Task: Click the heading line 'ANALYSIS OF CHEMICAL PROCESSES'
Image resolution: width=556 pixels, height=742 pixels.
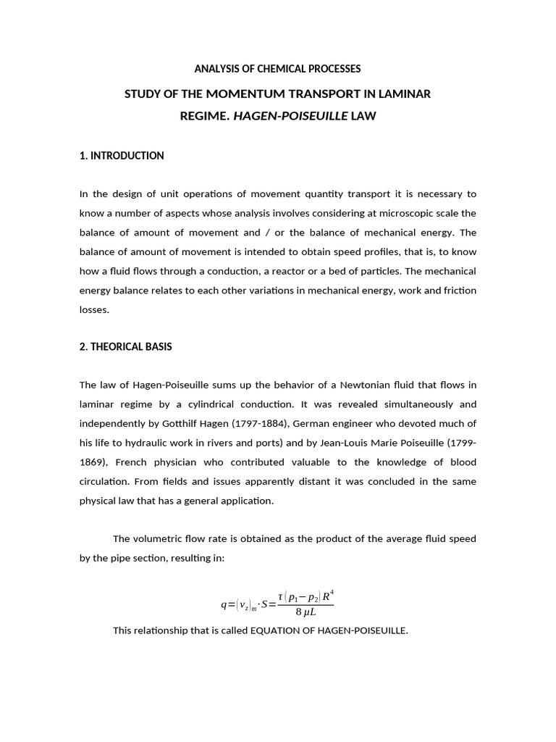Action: click(x=277, y=69)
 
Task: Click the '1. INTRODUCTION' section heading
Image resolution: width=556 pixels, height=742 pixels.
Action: click(x=122, y=156)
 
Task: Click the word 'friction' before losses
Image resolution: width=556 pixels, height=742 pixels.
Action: click(x=458, y=290)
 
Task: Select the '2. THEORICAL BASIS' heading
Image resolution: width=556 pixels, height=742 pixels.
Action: click(x=125, y=347)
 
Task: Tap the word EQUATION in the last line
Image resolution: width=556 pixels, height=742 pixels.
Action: click(x=277, y=630)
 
